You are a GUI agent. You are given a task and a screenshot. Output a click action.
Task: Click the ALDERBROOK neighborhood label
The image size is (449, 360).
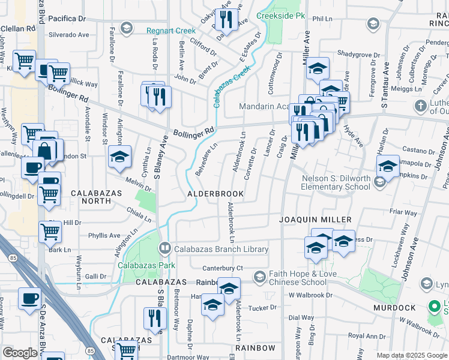tap(215, 194)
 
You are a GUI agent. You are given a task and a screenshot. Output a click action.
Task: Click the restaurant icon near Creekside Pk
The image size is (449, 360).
tap(226, 20)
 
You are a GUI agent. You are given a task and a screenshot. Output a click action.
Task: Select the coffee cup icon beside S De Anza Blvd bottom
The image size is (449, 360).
tap(29, 298)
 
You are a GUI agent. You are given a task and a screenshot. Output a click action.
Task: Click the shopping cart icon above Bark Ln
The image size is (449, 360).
tap(50, 231)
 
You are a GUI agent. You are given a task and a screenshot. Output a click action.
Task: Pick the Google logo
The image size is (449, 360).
tap(20, 353)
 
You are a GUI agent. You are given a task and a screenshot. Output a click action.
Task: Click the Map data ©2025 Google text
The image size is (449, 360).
tap(412, 355)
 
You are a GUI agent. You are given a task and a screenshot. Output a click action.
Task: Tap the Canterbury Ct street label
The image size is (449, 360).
tap(222, 268)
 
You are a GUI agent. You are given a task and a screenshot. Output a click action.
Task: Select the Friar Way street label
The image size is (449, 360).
tap(403, 212)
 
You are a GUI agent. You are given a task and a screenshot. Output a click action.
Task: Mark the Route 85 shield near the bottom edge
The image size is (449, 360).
tap(91, 350)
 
